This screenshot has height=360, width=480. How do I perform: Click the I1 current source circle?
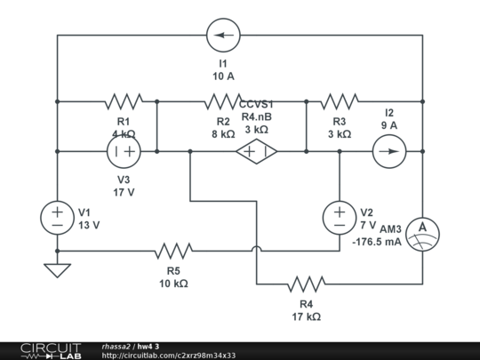[223, 36]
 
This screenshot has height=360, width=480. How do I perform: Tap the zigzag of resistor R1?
[123, 100]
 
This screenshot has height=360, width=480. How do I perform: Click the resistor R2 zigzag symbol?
[223, 100]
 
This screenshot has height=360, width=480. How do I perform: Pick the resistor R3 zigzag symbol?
[339, 100]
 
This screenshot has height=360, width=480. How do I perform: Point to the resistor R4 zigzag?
[306, 284]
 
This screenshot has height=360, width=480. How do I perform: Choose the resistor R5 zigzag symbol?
[173, 251]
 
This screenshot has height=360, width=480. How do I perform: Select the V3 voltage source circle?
[123, 152]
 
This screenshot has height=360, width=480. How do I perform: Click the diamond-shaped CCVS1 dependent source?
[256, 152]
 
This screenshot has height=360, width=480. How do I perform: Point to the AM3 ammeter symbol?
[422, 230]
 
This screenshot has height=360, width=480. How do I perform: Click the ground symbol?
[57, 268]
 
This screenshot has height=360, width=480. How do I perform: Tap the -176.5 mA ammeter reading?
[376, 242]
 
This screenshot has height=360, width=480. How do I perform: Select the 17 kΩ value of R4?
[306, 316]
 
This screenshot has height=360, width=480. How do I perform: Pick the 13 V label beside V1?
[89, 225]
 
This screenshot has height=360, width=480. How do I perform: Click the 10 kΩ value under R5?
[173, 284]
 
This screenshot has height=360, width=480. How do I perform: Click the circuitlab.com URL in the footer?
[168, 356]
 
